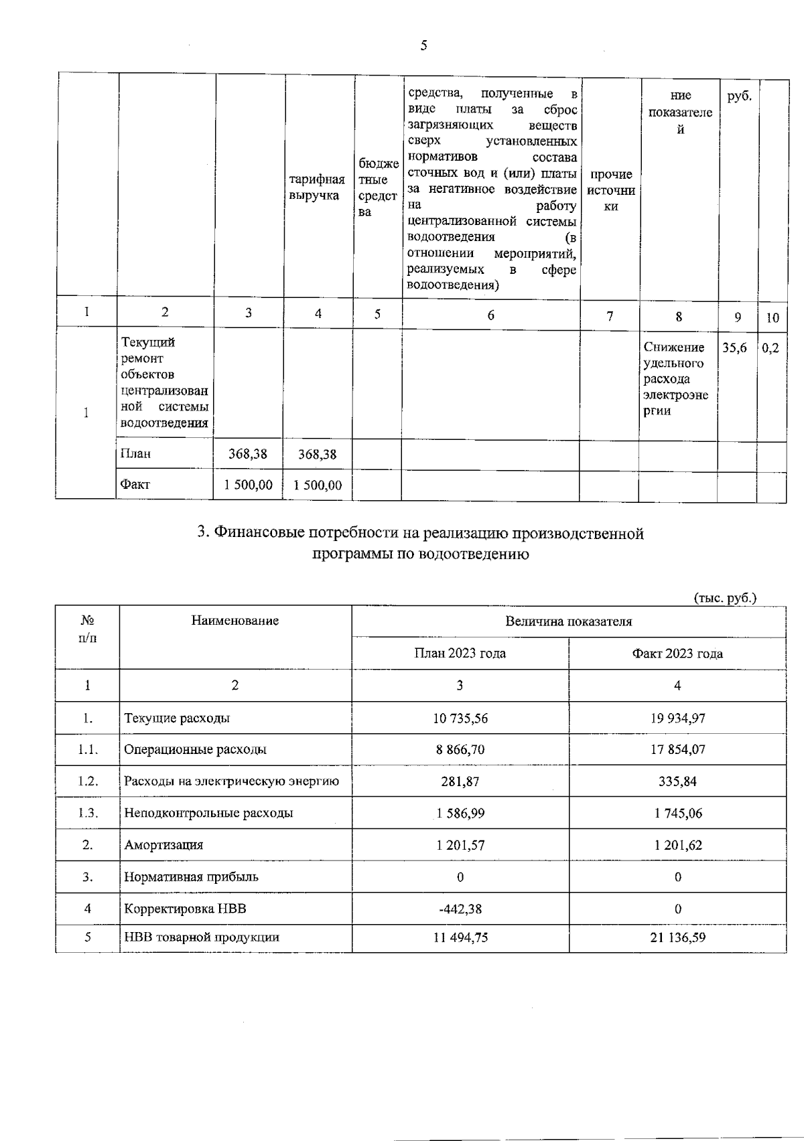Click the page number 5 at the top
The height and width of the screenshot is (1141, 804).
coord(423,46)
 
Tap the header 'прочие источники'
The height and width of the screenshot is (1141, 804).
coord(610,190)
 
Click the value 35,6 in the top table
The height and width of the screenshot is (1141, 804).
coord(734,348)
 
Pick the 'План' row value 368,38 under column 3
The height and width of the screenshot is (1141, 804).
coord(247,454)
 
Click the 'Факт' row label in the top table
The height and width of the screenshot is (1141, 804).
coord(135,484)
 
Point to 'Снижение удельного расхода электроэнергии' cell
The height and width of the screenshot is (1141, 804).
coord(675,378)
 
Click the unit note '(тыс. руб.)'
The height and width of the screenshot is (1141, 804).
coord(725,598)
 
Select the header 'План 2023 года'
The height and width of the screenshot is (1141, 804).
coord(460,654)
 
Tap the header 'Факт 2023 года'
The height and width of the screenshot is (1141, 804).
coord(677,654)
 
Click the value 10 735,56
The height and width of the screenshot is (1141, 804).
coord(460,718)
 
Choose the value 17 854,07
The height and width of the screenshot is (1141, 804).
coord(677,750)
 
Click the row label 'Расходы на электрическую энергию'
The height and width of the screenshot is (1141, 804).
coord(231,781)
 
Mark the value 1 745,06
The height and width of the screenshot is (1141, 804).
coord(677,814)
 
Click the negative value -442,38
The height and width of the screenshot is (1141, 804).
coord(460,909)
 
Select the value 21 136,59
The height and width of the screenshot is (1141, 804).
coord(677,937)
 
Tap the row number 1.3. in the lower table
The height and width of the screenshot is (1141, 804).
coord(87,814)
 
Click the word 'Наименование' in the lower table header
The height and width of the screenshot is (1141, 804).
coord(234,621)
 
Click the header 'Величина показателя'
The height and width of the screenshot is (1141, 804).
coord(568,621)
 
